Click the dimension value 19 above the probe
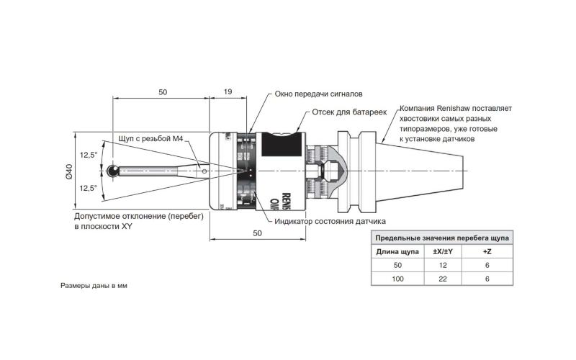(228, 92)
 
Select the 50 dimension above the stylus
(162, 92)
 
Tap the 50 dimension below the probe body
(258, 233)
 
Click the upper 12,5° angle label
(89, 155)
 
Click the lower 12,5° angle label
(89, 188)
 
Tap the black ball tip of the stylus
(113, 171)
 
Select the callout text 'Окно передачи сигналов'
(319, 94)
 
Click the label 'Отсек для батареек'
(349, 113)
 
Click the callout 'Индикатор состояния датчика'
(330, 221)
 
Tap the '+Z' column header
(487, 252)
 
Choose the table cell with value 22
(442, 279)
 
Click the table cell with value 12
(442, 266)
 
